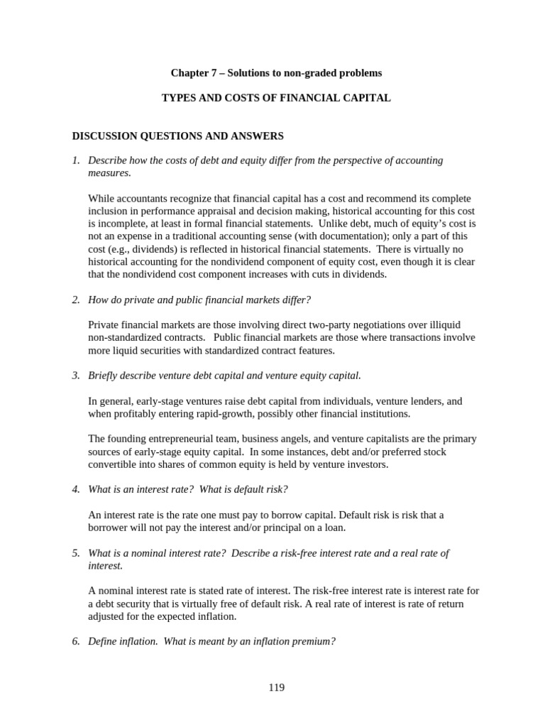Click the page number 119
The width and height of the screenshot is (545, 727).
pyautogui.click(x=277, y=687)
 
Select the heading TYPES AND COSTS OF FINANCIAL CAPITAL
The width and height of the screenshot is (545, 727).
pyautogui.click(x=277, y=98)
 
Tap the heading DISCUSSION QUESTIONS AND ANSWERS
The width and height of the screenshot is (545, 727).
pyautogui.click(x=178, y=136)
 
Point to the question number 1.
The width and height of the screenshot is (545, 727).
pyautogui.click(x=76, y=160)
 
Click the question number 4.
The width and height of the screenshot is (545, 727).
pyautogui.click(x=76, y=489)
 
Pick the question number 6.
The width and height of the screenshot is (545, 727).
pyautogui.click(x=76, y=641)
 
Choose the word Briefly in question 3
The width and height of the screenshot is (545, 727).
pyautogui.click(x=104, y=376)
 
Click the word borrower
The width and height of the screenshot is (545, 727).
pyautogui.click(x=109, y=528)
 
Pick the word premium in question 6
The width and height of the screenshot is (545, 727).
pyautogui.click(x=314, y=641)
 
